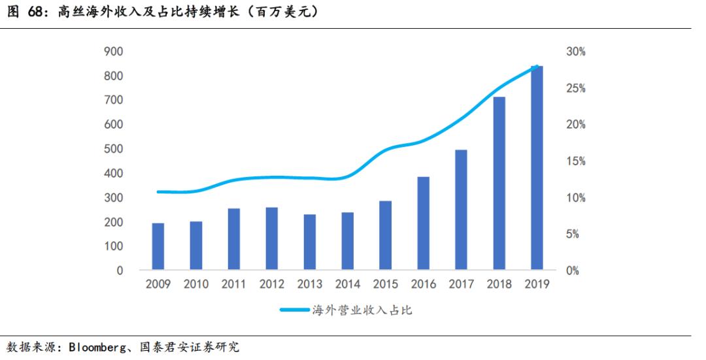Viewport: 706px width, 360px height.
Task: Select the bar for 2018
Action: (499, 183)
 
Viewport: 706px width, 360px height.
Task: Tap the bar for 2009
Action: (158, 246)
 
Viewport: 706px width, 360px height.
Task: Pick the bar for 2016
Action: (423, 223)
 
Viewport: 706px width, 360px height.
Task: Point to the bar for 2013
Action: (309, 242)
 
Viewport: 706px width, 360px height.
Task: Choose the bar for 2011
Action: (233, 238)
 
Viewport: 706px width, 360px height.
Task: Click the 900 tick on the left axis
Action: (114, 52)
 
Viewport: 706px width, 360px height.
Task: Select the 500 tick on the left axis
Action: (114, 149)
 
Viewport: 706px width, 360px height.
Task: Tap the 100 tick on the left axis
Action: (114, 246)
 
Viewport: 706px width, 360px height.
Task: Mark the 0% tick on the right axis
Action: (573, 270)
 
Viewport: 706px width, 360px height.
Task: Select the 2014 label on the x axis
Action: (347, 284)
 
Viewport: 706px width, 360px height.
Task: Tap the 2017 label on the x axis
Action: (461, 284)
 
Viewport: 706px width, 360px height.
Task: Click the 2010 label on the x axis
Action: (195, 284)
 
